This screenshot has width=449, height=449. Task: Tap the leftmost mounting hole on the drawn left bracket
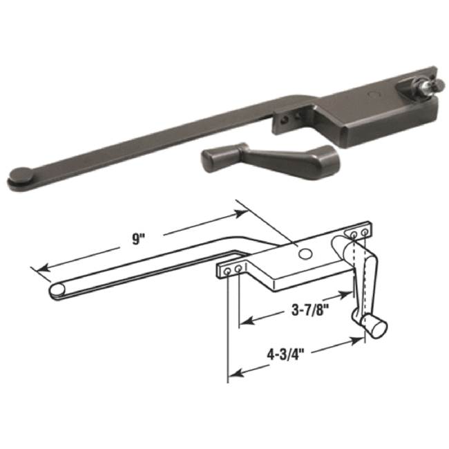227,269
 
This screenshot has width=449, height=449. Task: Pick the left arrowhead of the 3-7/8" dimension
242,323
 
